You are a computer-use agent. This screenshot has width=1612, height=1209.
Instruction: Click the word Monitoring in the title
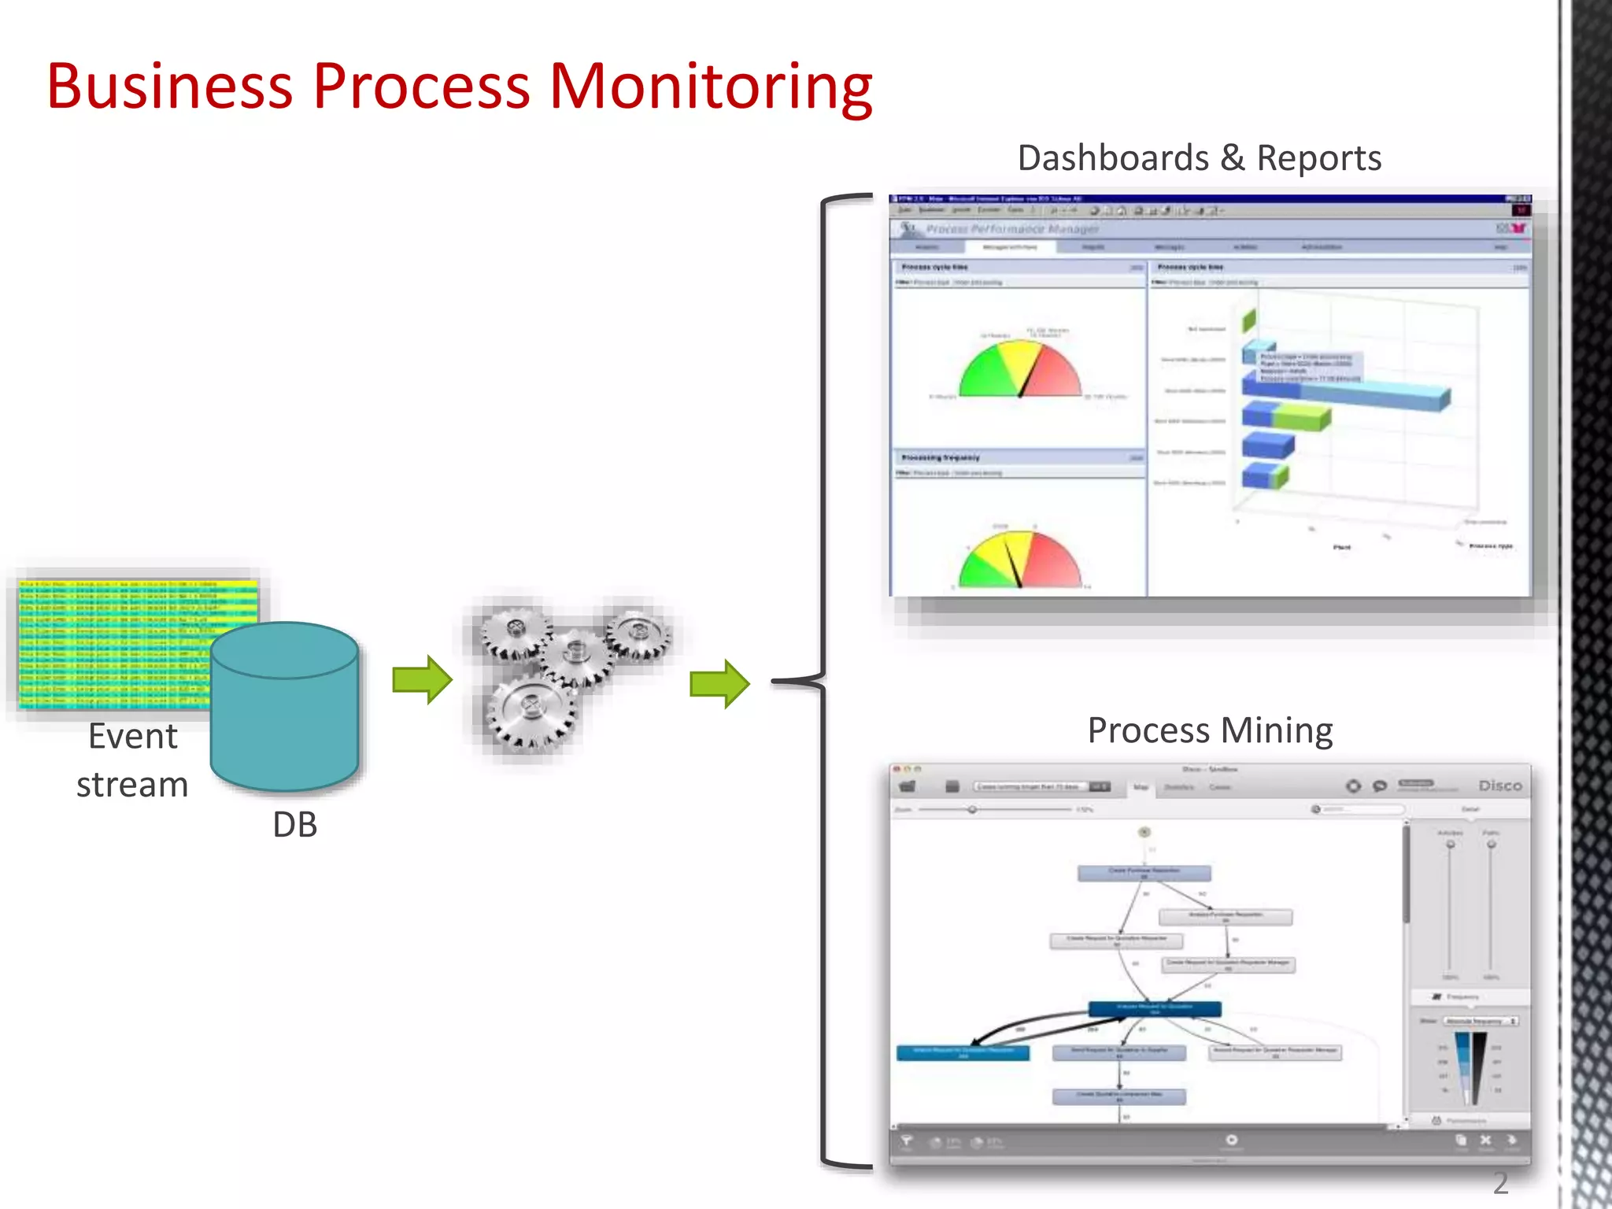click(710, 87)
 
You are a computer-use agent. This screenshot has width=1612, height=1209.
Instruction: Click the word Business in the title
click(169, 87)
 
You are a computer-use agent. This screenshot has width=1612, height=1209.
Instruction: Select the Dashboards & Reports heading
click(1199, 158)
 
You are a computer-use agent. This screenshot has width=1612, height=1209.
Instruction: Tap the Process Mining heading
click(1210, 730)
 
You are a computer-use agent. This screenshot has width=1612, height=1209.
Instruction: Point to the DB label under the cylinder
click(294, 825)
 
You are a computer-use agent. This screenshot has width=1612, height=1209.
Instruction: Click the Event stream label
click(132, 760)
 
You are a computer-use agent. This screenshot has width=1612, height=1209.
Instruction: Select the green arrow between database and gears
click(422, 679)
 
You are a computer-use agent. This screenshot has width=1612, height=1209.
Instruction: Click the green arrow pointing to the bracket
click(719, 683)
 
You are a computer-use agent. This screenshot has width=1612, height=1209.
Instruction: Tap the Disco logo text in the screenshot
click(1499, 786)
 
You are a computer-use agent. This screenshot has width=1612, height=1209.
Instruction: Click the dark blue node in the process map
click(1155, 1008)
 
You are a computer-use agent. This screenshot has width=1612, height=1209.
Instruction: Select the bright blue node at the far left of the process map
click(963, 1053)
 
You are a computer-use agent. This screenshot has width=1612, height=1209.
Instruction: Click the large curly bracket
click(823, 681)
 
